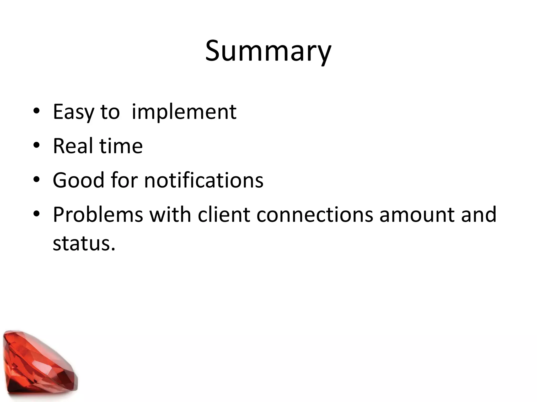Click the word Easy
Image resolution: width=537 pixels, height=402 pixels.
point(73,112)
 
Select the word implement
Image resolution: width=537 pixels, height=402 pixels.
point(184,112)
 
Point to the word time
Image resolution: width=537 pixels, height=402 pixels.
point(121,146)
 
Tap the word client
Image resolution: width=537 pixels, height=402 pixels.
point(224,215)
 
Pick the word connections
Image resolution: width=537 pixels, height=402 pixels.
point(314,215)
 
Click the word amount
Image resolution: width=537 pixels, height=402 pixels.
point(417,215)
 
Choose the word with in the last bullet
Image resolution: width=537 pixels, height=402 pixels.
point(170,215)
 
